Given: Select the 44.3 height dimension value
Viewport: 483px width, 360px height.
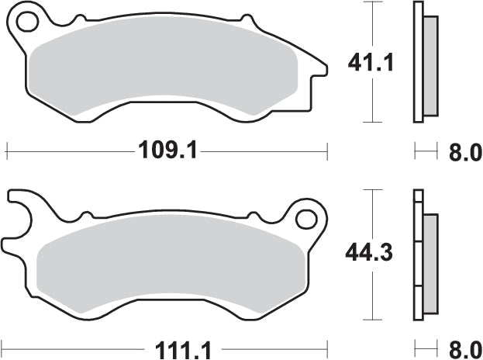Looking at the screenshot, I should (x=369, y=252).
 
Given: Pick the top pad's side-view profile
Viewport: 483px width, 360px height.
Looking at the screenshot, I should (x=423, y=62).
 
